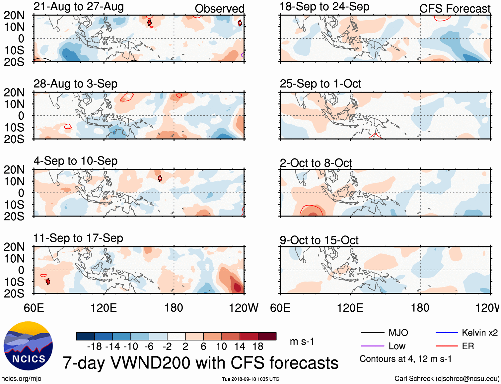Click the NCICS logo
[x=28, y=346]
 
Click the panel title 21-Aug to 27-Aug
[x=79, y=7]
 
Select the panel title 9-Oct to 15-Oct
[x=319, y=240]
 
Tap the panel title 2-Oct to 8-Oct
[x=316, y=163]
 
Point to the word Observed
[x=219, y=9]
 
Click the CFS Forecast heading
[x=455, y=9]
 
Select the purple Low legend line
[x=372, y=346]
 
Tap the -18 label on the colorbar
[x=95, y=347]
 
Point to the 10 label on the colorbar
[x=221, y=347]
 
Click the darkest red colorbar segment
[x=267, y=336]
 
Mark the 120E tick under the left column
[x=104, y=308]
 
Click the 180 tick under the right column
[x=420, y=308]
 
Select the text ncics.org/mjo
[x=21, y=379]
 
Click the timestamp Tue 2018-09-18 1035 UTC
[x=250, y=379]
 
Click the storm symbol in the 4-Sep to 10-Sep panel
[x=160, y=178]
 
